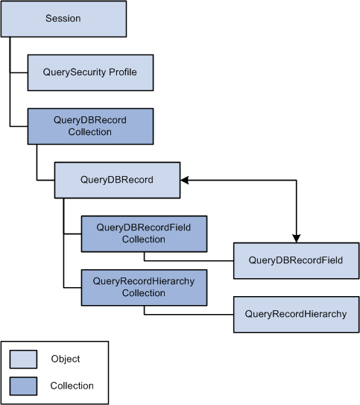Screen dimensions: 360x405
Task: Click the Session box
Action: [64, 19]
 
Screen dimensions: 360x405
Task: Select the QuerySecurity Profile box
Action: [91, 72]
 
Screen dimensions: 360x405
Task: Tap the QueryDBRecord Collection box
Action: [91, 126]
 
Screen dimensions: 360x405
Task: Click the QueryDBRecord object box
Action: [118, 180]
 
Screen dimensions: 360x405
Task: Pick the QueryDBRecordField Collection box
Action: [145, 233]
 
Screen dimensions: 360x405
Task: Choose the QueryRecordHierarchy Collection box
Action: [145, 287]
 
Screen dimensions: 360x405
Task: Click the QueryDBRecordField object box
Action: [296, 260]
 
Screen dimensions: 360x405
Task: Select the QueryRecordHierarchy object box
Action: [296, 314]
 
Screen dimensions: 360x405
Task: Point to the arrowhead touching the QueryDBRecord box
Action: [185, 180]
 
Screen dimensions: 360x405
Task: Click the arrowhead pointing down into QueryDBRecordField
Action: [296, 239]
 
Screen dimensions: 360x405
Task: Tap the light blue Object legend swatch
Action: [24, 359]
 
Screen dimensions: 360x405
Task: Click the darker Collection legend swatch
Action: [24, 386]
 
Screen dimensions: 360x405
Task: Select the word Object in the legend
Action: [66, 359]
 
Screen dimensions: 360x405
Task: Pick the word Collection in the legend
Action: [72, 386]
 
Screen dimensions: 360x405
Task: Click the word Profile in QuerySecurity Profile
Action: [123, 72]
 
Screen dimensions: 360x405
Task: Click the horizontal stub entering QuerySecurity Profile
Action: [19, 72]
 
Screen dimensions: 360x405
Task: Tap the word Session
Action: [63, 19]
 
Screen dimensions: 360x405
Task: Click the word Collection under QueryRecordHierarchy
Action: [144, 293]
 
